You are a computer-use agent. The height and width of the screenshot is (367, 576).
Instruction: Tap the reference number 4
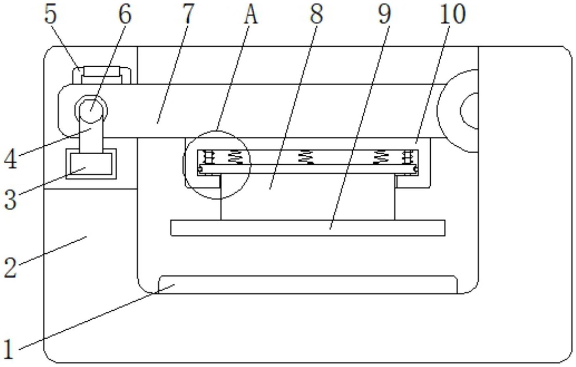click(x=10, y=159)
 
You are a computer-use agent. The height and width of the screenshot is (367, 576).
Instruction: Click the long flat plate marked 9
click(x=308, y=228)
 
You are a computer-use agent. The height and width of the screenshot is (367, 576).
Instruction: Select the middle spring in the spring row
click(x=306, y=157)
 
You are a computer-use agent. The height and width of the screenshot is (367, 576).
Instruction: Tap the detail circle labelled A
click(x=217, y=165)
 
